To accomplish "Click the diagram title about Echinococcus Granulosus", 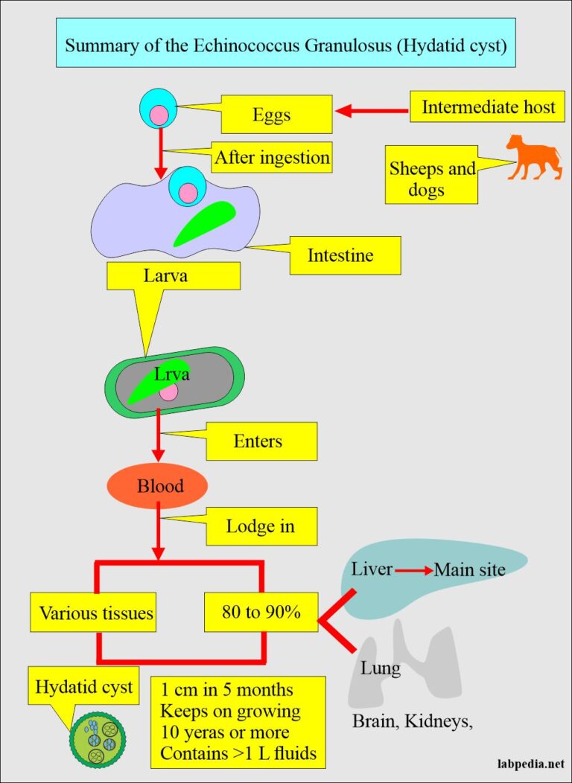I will tap(285, 44).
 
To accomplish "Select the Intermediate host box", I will tap(488, 106).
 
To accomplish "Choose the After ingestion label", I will tap(272, 157).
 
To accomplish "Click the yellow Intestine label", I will tap(340, 256).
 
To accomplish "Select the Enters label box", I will tap(258, 441).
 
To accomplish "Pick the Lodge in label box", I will tap(260, 526).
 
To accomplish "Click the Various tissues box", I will tap(96, 613).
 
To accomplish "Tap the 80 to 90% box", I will tap(261, 613).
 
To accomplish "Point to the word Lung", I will tap(380, 668).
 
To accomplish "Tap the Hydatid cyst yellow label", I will tap(84, 686).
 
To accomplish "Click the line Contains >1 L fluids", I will tap(238, 753).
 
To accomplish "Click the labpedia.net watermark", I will tap(530, 764).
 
